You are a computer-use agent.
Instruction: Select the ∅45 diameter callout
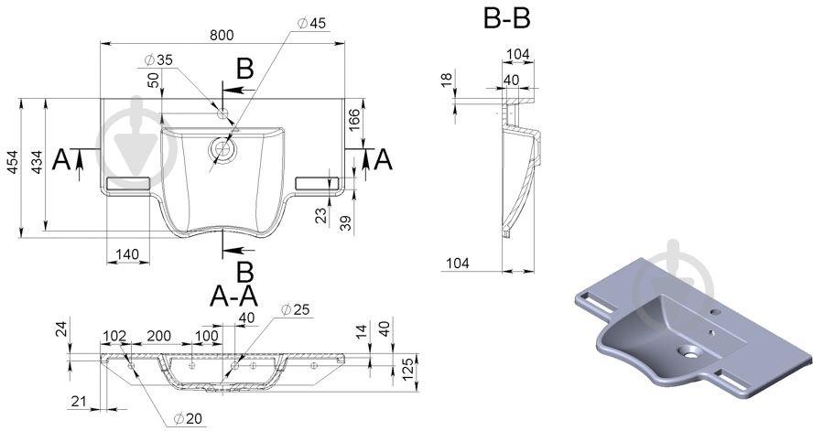pos(310,23)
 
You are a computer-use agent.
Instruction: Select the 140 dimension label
pos(128,253)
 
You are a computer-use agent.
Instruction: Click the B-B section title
pos(507,17)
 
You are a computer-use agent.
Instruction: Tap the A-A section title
pos(233,296)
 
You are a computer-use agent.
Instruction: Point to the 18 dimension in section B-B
pos(446,82)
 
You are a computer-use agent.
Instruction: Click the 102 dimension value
pos(114,337)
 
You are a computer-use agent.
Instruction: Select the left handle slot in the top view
pos(126,183)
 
